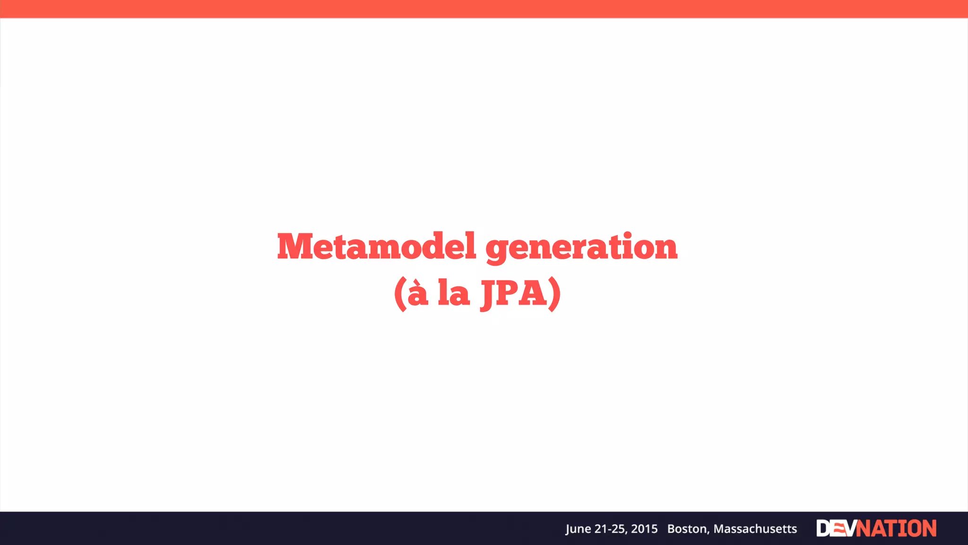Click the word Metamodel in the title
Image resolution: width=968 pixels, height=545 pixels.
[x=376, y=246]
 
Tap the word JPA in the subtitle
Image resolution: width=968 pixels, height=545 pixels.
[x=514, y=293]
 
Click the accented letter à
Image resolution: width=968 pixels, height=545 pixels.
[x=418, y=293]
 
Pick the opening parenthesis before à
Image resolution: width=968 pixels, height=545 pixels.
[x=400, y=294]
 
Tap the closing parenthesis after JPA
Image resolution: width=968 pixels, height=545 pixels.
[x=554, y=294]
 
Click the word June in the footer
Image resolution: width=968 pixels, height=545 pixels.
[x=578, y=529]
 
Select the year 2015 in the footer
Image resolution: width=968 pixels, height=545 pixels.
[x=644, y=529]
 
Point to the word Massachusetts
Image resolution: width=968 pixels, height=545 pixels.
[x=755, y=529]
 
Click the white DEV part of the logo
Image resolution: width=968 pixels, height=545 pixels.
[x=836, y=528]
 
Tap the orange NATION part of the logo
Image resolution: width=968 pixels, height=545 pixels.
[x=896, y=528]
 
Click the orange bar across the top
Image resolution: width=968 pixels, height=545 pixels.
[x=484, y=9]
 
